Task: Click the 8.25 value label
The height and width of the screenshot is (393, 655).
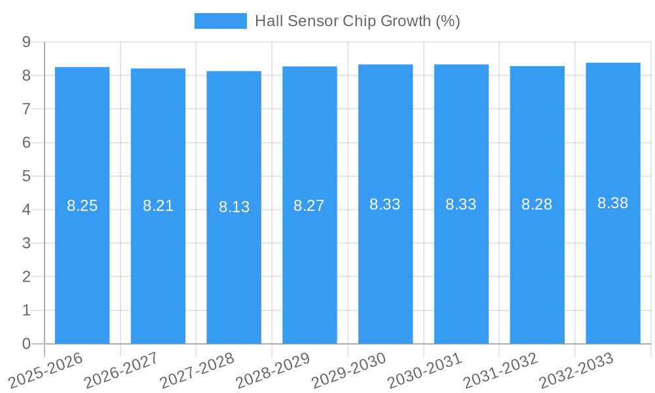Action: (82, 206)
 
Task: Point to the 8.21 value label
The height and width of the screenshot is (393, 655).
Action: (158, 206)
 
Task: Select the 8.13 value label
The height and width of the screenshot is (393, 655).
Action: (234, 207)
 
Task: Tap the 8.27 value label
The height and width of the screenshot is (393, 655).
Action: (309, 206)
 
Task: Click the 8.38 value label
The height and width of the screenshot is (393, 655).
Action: (613, 203)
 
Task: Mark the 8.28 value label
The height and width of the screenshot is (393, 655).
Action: (537, 204)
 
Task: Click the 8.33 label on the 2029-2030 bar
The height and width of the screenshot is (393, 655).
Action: (385, 204)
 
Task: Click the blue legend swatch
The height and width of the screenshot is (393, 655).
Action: (221, 21)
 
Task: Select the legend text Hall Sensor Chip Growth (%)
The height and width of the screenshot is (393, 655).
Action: (357, 21)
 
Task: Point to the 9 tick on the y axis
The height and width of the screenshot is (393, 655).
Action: (27, 42)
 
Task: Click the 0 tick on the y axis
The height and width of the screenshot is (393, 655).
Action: (27, 344)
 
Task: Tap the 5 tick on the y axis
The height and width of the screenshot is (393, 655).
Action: (27, 176)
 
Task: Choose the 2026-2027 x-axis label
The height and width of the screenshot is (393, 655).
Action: (121, 370)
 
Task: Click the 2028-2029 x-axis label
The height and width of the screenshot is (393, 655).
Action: (273, 370)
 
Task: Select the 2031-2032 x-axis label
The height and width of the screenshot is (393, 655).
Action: (501, 370)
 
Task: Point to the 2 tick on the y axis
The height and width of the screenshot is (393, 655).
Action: (27, 277)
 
